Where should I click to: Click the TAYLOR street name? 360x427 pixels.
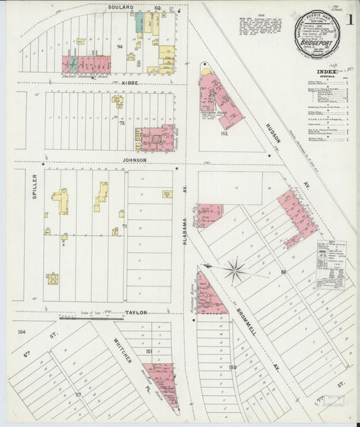[x=136, y=313]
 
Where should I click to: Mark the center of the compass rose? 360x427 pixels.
[x=235, y=272]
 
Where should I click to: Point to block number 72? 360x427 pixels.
[x=123, y=124]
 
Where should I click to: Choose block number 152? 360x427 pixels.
[x=224, y=133]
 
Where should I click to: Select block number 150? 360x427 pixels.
[x=232, y=367]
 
